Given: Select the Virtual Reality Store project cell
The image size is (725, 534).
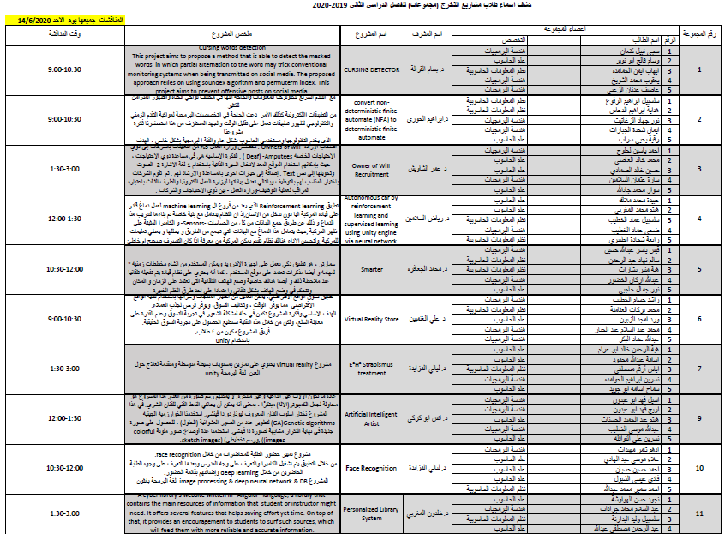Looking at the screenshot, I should coord(371,318).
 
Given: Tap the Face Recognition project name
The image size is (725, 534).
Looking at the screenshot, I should coord(371,468).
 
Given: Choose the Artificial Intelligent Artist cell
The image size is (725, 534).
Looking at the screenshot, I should coord(371,418).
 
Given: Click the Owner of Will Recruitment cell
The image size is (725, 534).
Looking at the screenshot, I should coord(371,168).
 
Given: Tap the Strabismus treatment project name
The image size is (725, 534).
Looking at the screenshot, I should coord(371,368).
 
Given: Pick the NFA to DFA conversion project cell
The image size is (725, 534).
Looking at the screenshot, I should coord(371,118).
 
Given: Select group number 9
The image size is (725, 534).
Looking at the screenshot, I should coord(700,418).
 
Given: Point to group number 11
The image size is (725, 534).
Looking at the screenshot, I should coord(700,513).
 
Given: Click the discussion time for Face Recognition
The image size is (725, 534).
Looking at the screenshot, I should coord(61,468).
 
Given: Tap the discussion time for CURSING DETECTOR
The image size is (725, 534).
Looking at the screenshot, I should coord(61,69).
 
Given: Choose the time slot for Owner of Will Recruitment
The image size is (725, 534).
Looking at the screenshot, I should coord(61,168).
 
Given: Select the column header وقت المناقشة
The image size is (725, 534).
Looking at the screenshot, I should coord(61,34).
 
